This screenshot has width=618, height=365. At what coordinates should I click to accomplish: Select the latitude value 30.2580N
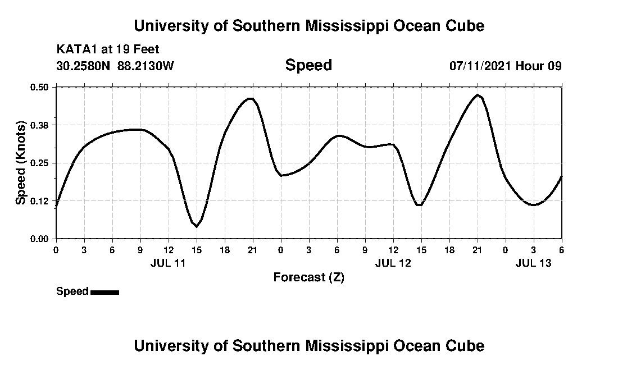click(x=84, y=66)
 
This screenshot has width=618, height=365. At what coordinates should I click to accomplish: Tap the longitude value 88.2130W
click(x=146, y=66)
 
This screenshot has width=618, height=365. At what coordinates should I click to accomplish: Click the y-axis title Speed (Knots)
click(x=21, y=162)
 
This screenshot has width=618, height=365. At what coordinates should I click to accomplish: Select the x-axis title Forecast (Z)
click(x=308, y=277)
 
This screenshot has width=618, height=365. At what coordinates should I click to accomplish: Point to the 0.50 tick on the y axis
click(x=40, y=87)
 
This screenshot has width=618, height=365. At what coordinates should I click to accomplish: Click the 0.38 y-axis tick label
click(x=40, y=125)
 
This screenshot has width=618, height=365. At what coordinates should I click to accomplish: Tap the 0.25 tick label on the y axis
click(x=40, y=163)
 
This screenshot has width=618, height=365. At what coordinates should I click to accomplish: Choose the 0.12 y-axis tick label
click(x=40, y=201)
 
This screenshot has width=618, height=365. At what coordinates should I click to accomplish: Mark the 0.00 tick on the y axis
click(x=40, y=239)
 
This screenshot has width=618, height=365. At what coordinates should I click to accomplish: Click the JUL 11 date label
click(x=168, y=262)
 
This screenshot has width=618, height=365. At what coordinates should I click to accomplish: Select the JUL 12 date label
click(x=393, y=262)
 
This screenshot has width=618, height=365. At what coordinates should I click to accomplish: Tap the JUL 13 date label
click(x=533, y=262)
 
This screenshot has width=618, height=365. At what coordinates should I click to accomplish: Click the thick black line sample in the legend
click(x=104, y=292)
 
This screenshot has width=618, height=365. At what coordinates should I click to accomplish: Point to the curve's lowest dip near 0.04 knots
click(x=196, y=226)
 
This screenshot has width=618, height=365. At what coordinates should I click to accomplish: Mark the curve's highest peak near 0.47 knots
click(x=478, y=95)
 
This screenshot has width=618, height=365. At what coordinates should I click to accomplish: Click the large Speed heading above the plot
click(x=308, y=65)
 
